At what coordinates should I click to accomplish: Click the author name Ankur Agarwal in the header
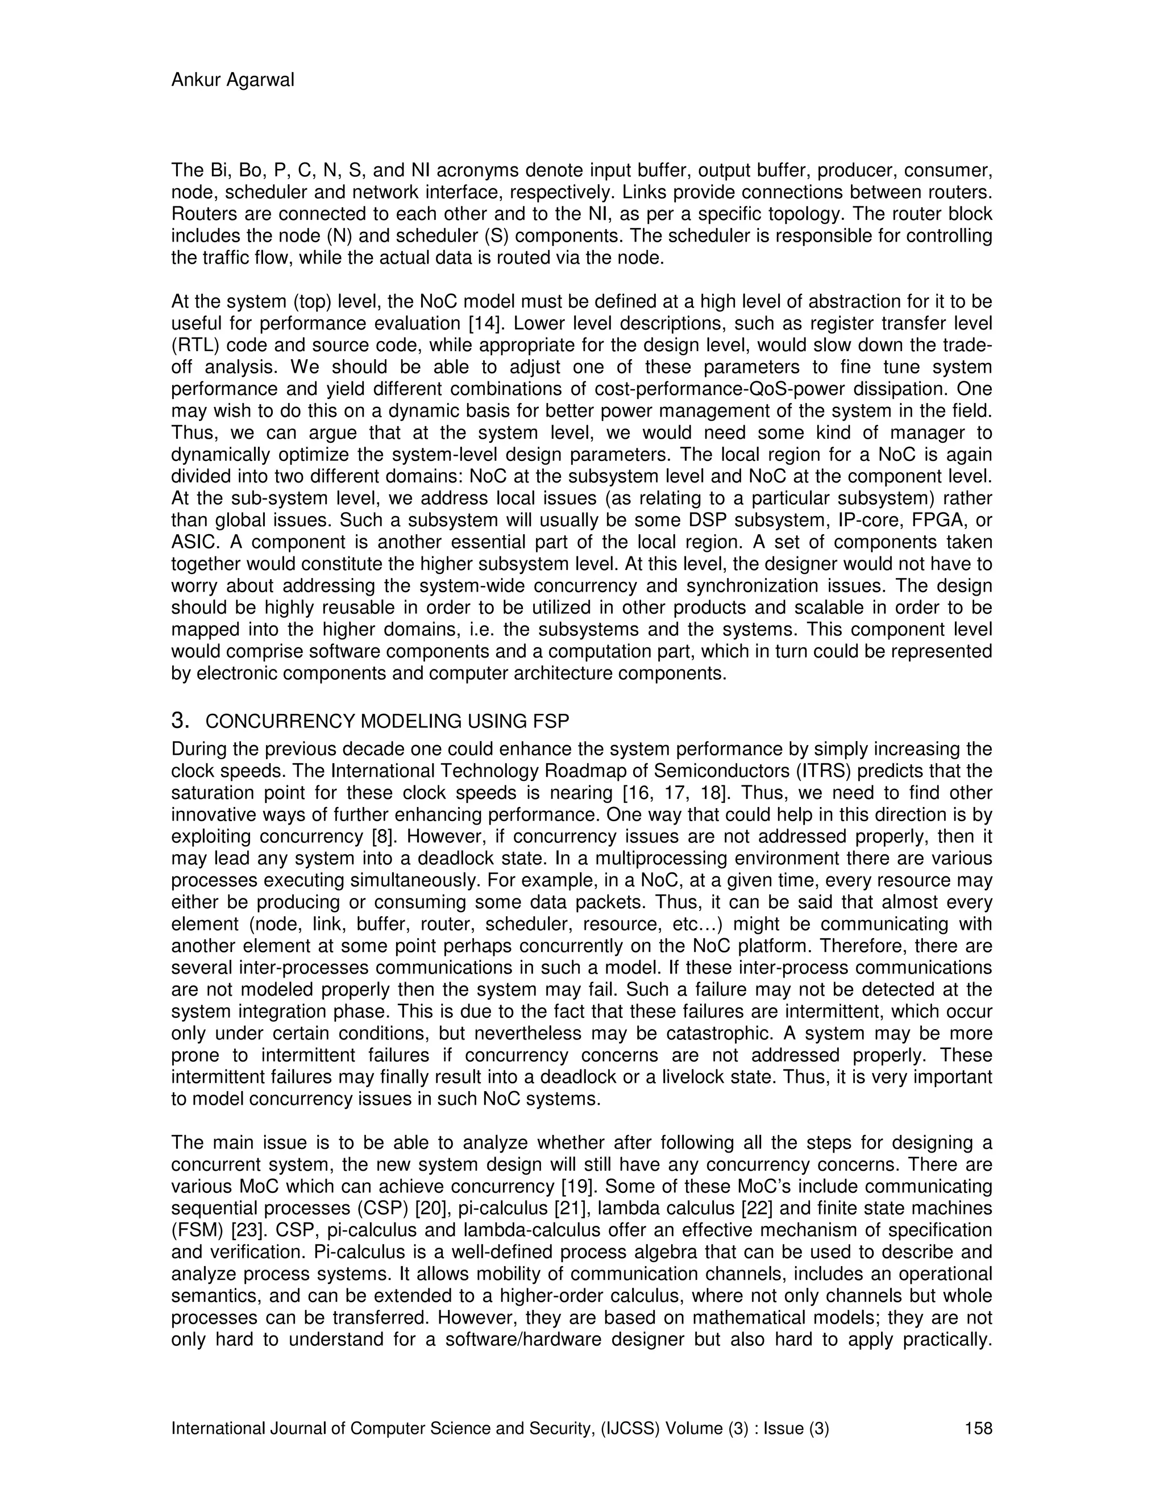tap(232, 81)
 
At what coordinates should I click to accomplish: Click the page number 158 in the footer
tap(979, 1429)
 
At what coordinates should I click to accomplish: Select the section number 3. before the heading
tap(180, 721)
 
